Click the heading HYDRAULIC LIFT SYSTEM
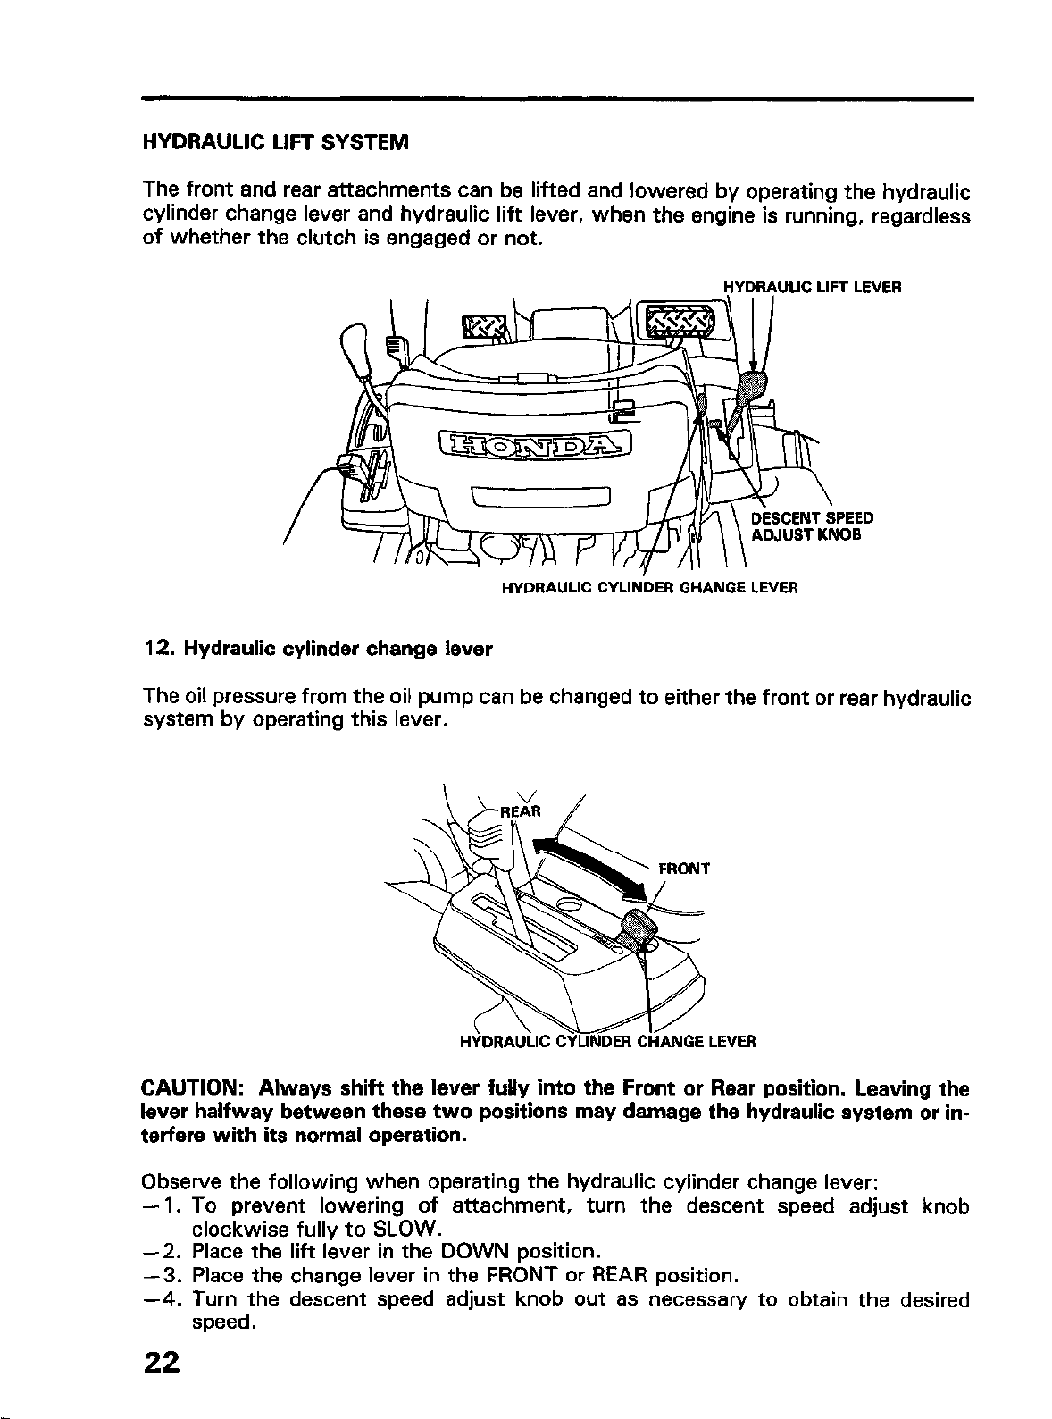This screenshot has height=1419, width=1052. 275,143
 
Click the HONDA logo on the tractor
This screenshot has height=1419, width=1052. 535,442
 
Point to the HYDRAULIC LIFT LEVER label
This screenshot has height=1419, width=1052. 812,288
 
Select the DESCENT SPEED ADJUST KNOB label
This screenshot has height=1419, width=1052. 811,526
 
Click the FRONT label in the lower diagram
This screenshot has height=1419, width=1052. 683,868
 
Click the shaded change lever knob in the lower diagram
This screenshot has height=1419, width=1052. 638,929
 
